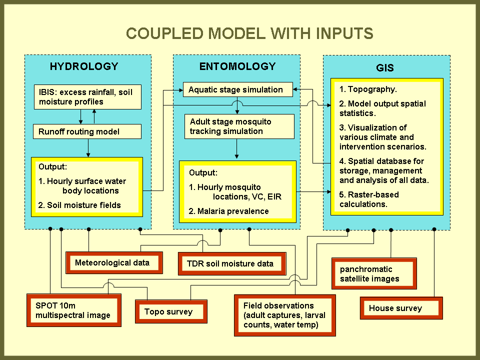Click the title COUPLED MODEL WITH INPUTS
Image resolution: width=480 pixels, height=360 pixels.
[249, 33]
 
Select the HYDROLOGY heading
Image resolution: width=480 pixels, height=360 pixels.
[84, 66]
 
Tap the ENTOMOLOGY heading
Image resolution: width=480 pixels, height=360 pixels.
[237, 66]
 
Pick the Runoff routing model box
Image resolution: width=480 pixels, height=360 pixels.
[87, 132]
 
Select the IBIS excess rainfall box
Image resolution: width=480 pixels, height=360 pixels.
[87, 97]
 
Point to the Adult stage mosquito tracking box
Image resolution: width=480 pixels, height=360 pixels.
[237, 126]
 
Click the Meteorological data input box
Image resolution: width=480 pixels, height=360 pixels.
[114, 262]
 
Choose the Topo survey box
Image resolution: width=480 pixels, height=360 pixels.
[171, 311]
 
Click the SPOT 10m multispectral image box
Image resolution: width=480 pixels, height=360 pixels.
[73, 310]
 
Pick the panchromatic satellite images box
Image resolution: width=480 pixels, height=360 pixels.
[374, 273]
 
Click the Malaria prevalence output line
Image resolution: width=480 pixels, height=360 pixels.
[228, 211]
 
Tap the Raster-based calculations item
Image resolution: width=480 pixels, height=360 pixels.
[369, 199]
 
